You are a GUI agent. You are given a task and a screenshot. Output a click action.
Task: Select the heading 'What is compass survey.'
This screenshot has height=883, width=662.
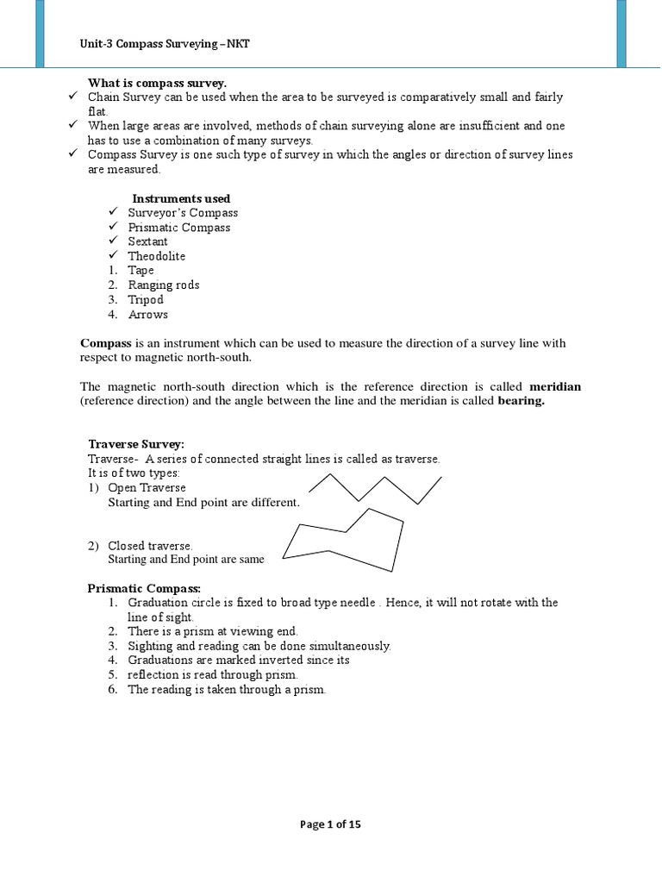click(x=157, y=83)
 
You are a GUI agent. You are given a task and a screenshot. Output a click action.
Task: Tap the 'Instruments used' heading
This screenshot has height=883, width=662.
click(x=181, y=198)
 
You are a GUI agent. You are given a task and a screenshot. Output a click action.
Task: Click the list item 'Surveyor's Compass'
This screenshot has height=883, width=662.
click(x=183, y=213)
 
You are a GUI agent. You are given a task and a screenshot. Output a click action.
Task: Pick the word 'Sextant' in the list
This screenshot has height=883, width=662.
click(x=148, y=241)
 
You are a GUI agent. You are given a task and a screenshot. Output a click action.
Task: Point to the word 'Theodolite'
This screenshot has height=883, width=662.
click(x=157, y=256)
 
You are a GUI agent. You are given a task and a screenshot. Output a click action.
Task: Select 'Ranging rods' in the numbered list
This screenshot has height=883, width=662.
click(x=164, y=285)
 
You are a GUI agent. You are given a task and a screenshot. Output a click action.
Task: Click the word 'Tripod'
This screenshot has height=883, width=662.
click(x=146, y=300)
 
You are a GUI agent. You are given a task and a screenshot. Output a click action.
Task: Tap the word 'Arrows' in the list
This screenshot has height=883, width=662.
click(x=148, y=315)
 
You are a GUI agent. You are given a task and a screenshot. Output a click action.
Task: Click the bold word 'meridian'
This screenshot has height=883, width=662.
click(x=555, y=386)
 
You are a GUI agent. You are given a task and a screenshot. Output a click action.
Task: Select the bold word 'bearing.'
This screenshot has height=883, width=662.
click(x=521, y=401)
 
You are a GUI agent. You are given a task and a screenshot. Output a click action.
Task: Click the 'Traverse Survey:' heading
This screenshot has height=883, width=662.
click(x=136, y=444)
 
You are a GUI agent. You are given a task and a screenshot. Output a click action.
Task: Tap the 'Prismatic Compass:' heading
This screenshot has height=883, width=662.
click(x=144, y=588)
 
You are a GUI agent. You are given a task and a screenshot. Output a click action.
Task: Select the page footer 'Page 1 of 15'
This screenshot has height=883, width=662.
click(x=331, y=824)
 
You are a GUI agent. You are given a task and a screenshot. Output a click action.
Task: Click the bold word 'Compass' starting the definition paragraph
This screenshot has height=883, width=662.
click(x=100, y=343)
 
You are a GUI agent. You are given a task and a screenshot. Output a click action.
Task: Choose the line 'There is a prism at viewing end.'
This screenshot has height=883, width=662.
click(x=213, y=631)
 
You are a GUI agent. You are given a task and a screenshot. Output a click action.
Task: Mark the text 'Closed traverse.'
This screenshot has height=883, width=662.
click(x=150, y=546)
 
